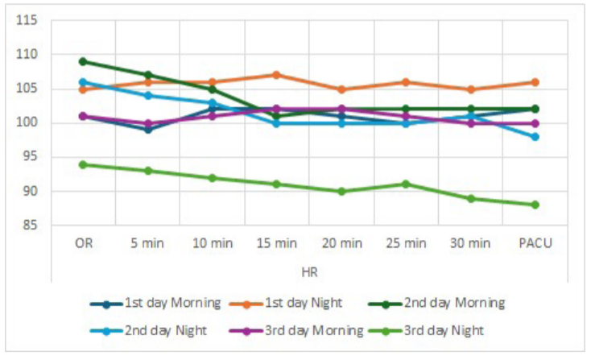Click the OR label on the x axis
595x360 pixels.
click(83, 242)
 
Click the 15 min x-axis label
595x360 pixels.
click(276, 242)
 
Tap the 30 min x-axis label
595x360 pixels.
click(470, 242)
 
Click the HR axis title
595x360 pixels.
click(309, 273)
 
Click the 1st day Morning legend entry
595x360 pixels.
click(172, 303)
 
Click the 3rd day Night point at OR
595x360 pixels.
click(83, 164)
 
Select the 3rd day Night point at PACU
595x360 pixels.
click(535, 205)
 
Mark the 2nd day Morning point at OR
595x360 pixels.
click(83, 61)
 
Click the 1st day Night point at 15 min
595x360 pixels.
click(276, 75)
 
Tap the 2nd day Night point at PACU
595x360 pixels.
click(535, 137)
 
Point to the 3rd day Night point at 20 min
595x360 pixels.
click(341, 192)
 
